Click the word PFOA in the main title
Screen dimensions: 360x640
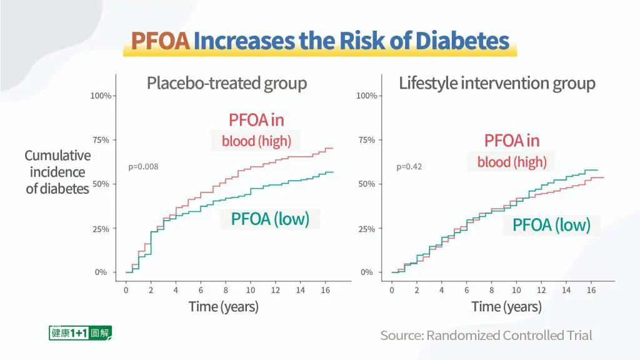pos(160,41)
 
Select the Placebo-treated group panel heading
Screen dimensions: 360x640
pos(227,83)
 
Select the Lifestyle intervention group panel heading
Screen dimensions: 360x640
pos(497,83)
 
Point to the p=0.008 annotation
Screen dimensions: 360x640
pos(143,167)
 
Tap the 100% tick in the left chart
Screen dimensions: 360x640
pos(101,96)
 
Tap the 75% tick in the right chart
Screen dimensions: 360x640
pos(367,140)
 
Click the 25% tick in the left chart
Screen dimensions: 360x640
pos(101,229)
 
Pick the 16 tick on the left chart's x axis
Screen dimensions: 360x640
pos(326,291)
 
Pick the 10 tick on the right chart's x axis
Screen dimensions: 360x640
pos(516,291)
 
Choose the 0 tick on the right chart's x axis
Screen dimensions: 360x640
pos(392,291)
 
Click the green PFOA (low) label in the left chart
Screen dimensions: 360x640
pos(270,219)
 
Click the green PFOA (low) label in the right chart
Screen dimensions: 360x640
pos(551,225)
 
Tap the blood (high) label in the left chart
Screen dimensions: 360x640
pos(256,141)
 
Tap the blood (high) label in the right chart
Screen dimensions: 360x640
pos(512,162)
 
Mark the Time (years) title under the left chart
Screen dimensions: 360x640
pos(224,307)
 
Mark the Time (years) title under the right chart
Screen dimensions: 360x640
pos(506,307)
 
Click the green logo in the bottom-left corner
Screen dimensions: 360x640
pos(80,333)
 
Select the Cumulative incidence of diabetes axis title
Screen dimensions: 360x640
pos(57,172)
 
